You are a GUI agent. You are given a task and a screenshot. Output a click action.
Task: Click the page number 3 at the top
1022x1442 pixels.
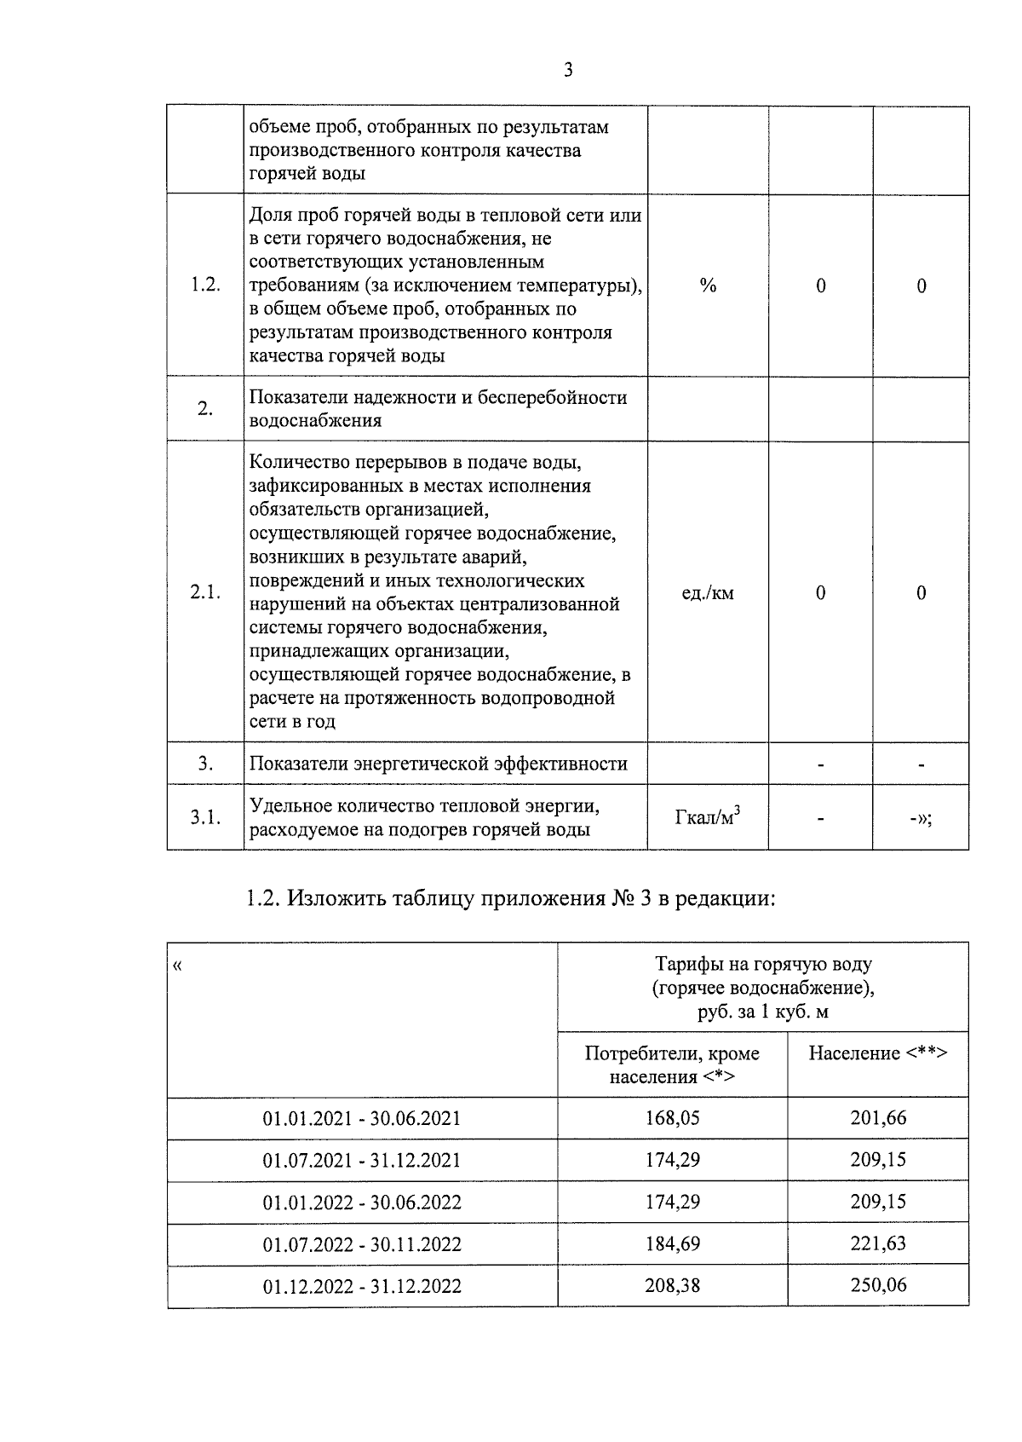tap(568, 70)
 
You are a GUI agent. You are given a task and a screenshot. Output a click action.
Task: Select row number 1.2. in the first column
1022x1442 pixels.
tap(205, 286)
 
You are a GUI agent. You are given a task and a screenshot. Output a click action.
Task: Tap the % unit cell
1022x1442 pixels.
tap(708, 286)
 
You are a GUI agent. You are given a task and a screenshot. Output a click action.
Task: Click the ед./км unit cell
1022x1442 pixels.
tap(708, 592)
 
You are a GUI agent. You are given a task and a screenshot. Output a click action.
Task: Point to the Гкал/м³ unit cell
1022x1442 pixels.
tap(707, 817)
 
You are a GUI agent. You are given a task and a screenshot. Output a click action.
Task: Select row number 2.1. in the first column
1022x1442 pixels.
tap(205, 592)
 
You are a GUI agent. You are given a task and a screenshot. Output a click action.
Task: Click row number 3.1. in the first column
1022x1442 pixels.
tap(205, 817)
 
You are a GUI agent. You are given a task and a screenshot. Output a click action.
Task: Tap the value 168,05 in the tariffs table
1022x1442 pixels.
tap(672, 1117)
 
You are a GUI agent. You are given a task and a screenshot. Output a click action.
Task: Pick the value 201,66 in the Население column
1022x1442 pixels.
tap(878, 1117)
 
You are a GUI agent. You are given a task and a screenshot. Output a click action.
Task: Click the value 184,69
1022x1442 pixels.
tap(672, 1243)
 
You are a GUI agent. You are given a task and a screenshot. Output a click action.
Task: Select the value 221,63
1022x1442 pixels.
tap(878, 1243)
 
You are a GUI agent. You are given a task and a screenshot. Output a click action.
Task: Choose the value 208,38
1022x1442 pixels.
tap(672, 1285)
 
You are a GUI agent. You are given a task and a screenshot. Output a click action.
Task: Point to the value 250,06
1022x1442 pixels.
tap(878, 1285)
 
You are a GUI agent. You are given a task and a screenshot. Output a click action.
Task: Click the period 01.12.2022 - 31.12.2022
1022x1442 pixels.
tap(362, 1286)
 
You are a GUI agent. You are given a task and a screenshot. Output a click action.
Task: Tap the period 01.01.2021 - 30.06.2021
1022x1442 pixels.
tap(362, 1118)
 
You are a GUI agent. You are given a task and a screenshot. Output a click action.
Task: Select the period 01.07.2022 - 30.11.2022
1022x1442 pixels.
tap(362, 1244)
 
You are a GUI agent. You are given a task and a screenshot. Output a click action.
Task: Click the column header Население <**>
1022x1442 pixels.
tap(877, 1053)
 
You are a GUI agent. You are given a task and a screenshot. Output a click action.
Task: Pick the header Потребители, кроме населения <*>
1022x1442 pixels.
tap(672, 1064)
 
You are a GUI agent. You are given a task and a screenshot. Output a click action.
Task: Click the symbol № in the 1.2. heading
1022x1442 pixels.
tap(623, 898)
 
